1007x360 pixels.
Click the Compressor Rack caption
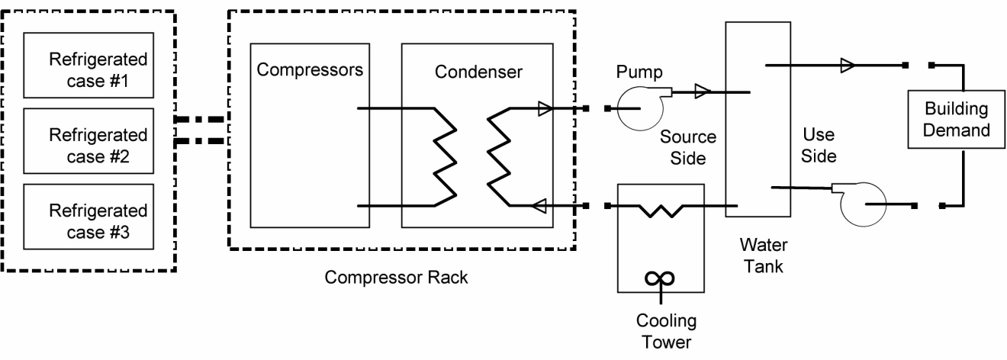[x=396, y=277]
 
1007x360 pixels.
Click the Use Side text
[x=821, y=146]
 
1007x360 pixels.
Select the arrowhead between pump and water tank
[x=703, y=92]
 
